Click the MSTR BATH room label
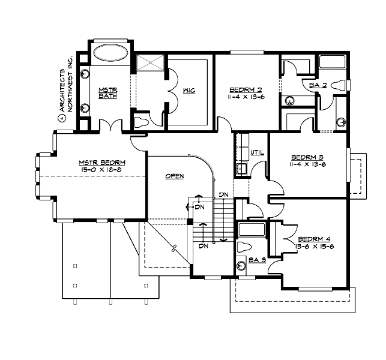107,94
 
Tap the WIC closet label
188,91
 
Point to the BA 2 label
318,85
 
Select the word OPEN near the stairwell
175,176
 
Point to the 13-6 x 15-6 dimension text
312,246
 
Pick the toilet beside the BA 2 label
340,85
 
